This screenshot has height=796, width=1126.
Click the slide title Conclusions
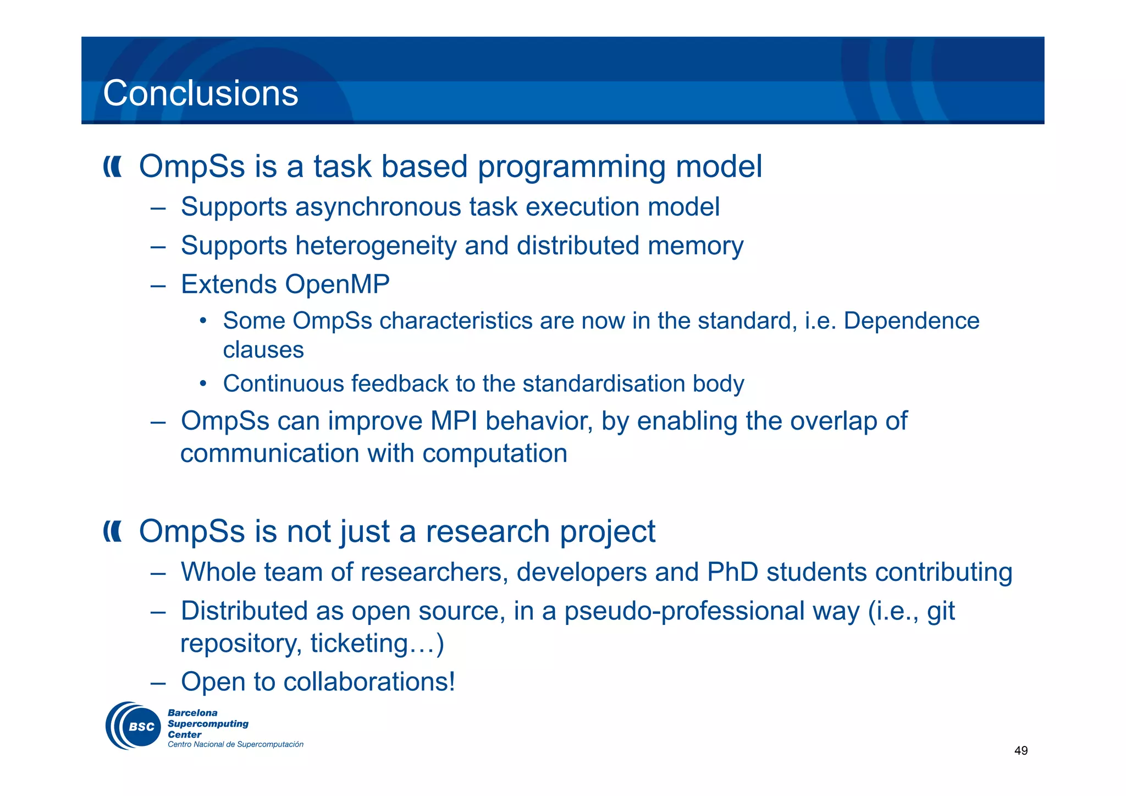pos(201,94)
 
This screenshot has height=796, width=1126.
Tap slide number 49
pos(1020,751)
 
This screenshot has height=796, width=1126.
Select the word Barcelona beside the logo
pos(192,713)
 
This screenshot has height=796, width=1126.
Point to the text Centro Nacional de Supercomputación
pos(235,745)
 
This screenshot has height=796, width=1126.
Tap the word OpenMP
pos(337,285)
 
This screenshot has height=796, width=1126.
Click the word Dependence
pos(911,321)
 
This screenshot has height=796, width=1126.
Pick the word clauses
pos(263,350)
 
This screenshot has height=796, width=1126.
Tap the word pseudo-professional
pos(711,612)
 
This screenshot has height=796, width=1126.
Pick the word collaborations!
pos(369,682)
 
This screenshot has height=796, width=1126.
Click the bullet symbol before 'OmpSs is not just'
pos(113,532)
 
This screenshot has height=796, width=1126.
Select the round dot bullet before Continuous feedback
pos(203,383)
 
